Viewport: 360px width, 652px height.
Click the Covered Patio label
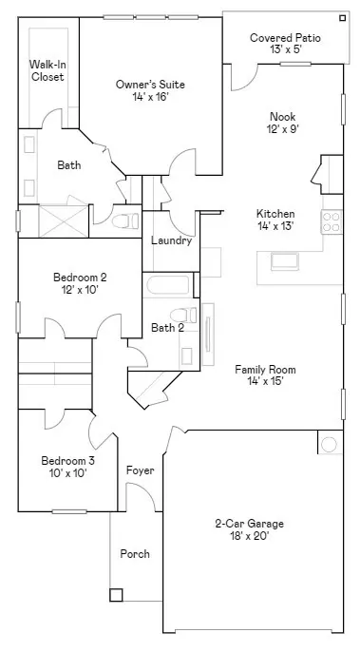coord(285,38)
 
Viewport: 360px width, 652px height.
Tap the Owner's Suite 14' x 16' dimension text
coord(150,97)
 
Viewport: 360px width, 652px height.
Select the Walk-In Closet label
coord(48,70)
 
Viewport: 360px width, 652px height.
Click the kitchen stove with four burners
coord(332,222)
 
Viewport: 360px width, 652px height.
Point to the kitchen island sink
coord(284,261)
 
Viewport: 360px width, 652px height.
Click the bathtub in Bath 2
coord(168,285)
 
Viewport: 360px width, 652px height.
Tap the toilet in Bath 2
coord(183,315)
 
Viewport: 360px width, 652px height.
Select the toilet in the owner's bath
coord(125,221)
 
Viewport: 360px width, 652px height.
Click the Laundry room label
coord(171,240)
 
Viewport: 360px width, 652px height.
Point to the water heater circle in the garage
coord(329,445)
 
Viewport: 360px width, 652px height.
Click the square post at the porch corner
coord(116,595)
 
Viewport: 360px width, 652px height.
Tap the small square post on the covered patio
coord(342,18)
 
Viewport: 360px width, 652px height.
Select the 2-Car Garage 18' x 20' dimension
coord(250,536)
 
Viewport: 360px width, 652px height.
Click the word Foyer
coord(140,470)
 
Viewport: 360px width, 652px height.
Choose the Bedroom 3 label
coord(67,461)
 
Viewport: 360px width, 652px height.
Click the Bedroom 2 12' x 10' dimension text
coord(80,289)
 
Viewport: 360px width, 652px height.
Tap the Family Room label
coord(265,369)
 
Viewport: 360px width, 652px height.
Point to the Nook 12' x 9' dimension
coord(283,129)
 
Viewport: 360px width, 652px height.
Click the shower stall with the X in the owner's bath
coord(64,221)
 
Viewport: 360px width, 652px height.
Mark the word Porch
coord(135,554)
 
